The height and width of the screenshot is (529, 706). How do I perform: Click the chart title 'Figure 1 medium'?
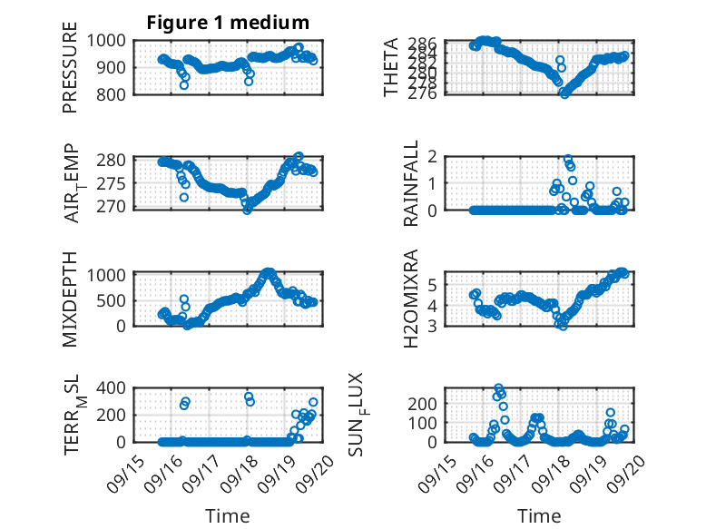click(x=228, y=23)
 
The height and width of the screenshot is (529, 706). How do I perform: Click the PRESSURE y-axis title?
click(x=70, y=73)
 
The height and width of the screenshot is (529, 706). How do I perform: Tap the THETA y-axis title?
click(x=391, y=67)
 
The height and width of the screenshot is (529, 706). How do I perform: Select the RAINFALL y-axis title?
click(x=411, y=183)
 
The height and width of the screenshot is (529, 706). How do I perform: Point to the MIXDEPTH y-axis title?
click(x=70, y=298)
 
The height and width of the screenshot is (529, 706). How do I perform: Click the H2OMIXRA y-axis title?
click(x=411, y=298)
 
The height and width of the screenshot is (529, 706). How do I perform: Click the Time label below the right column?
click(x=539, y=515)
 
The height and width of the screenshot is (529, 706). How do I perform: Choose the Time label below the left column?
click(x=221, y=515)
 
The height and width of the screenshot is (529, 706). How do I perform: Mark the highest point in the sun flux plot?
click(x=499, y=388)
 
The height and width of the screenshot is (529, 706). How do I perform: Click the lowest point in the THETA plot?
click(x=564, y=93)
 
